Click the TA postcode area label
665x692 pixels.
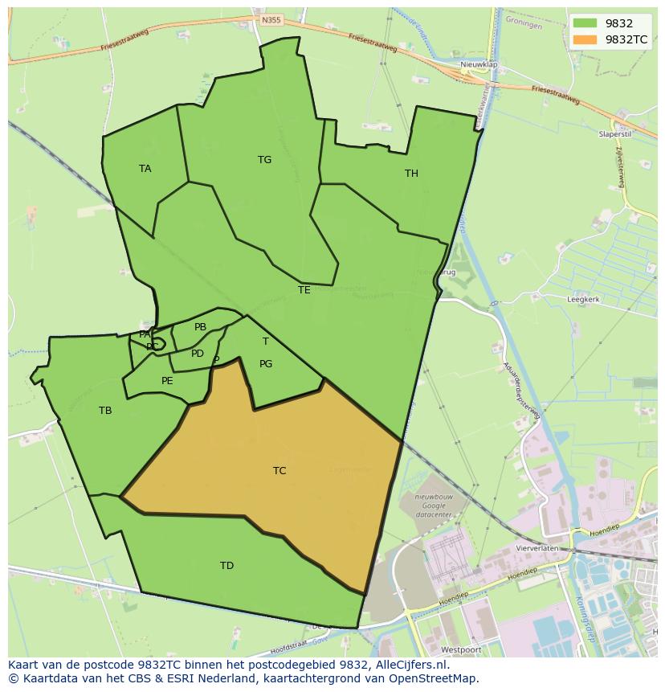coord(145,169)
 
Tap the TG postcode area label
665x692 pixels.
coord(264,160)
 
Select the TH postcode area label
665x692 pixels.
coord(411,174)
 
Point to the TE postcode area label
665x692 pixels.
coord(304,290)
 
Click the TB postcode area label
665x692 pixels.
coord(105,411)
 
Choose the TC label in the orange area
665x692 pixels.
coord(279,471)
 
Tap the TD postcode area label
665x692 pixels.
coord(226,566)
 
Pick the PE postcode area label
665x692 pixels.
coord(167,381)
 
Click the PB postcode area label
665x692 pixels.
coord(200,327)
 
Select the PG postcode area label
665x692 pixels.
coord(266,364)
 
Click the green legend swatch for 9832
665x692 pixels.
coord(585,23)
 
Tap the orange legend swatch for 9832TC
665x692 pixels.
coord(585,39)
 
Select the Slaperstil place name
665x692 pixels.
coord(616,134)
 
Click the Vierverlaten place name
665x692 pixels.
coord(537,547)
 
